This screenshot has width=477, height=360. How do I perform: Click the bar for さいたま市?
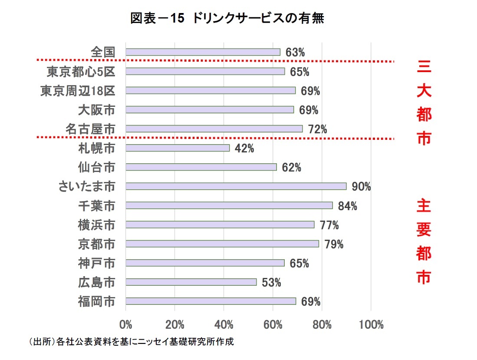[x=236, y=186]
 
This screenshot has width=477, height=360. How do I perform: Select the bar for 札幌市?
[x=177, y=148]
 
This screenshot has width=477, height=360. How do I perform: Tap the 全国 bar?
[x=203, y=52]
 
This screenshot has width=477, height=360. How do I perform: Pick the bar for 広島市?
[x=191, y=282]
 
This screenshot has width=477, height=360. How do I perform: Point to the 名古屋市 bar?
[x=214, y=129]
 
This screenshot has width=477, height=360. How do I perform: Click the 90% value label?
[x=361, y=187]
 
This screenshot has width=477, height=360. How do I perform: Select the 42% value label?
[x=244, y=149]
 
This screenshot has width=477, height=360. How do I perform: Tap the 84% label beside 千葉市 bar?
[x=347, y=206]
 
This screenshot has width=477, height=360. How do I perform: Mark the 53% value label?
[x=271, y=283]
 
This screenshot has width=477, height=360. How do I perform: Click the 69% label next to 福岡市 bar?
[x=311, y=301]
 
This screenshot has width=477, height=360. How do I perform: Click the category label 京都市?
[x=96, y=244]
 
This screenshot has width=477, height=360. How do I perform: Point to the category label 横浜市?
[x=96, y=225]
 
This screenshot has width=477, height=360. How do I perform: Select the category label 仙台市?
[x=96, y=167]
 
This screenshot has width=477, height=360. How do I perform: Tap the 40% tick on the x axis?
[x=224, y=325]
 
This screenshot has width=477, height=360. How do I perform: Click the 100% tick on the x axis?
[x=371, y=325]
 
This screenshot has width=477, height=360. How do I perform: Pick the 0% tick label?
[x=126, y=325]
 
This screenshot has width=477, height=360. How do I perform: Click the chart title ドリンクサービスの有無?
[x=227, y=19]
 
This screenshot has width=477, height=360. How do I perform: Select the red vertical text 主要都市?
[x=423, y=241]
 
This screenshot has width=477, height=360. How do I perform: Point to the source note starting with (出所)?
[x=131, y=342]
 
